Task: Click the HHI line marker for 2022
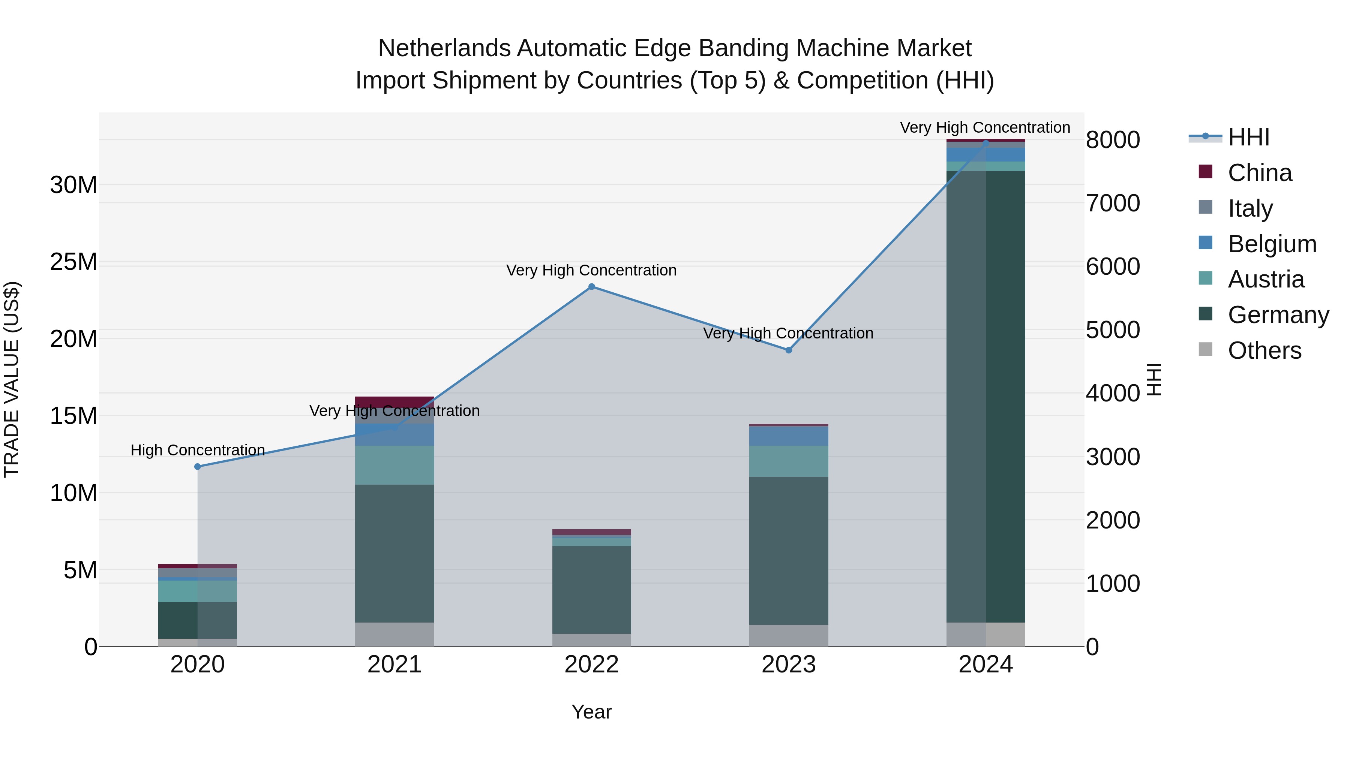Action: click(592, 286)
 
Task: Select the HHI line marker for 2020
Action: click(198, 467)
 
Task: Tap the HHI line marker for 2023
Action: click(789, 350)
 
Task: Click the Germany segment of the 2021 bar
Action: click(394, 553)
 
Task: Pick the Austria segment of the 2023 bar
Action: click(789, 461)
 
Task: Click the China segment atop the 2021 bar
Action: click(394, 402)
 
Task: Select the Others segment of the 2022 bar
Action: click(592, 640)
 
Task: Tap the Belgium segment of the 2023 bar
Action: click(789, 436)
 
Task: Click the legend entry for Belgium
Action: click(1271, 244)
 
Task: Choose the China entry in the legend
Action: click(1259, 173)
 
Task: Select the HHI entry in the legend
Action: click(1248, 137)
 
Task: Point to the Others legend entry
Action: click(1264, 350)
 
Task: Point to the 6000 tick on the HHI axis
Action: click(1113, 266)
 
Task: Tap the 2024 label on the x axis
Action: click(985, 665)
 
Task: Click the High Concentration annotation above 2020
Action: click(198, 450)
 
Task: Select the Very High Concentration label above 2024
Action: click(985, 127)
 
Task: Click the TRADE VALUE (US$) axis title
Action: click(12, 379)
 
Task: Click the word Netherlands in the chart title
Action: click(444, 48)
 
